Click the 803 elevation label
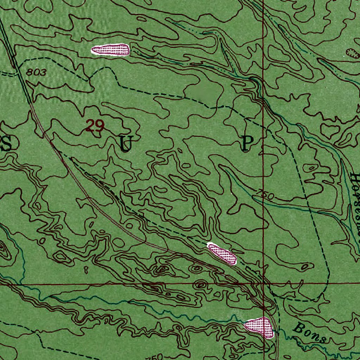(36, 73)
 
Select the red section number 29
(95, 126)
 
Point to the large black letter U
(125, 144)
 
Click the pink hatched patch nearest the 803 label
(110, 50)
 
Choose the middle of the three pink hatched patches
(222, 253)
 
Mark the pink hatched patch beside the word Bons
(260, 327)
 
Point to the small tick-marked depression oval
(352, 53)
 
